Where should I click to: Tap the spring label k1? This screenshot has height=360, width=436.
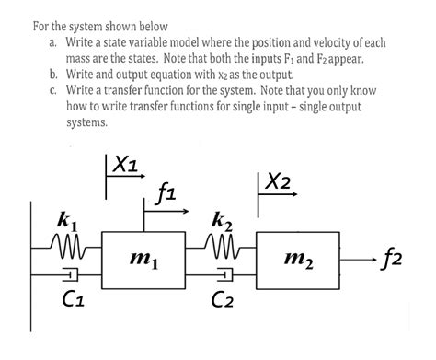(67, 221)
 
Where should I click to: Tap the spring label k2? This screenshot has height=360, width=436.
(222, 220)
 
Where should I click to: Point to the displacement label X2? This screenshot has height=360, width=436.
(275, 182)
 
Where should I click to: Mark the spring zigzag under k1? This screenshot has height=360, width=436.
(66, 245)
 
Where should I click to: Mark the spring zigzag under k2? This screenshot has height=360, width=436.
(222, 245)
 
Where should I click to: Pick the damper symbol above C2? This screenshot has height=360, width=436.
(223, 274)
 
